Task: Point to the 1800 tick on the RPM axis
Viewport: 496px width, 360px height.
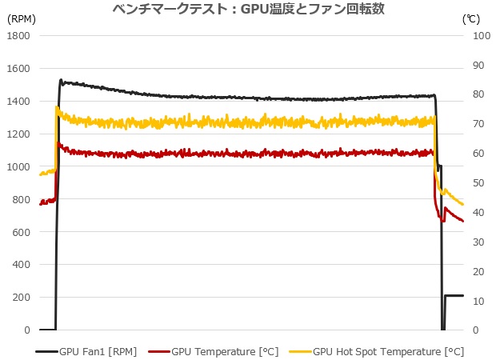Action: (18, 36)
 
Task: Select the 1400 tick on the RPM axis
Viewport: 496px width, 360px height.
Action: (18, 102)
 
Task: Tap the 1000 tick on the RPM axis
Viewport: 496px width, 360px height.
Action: (18, 166)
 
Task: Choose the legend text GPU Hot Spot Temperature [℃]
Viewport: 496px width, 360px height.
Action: (388, 350)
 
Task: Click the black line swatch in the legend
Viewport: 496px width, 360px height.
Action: (45, 350)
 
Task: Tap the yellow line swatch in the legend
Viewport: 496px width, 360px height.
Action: (299, 350)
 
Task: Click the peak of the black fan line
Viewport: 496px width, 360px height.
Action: (62, 81)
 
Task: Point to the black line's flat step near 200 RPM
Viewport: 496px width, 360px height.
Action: (454, 296)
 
